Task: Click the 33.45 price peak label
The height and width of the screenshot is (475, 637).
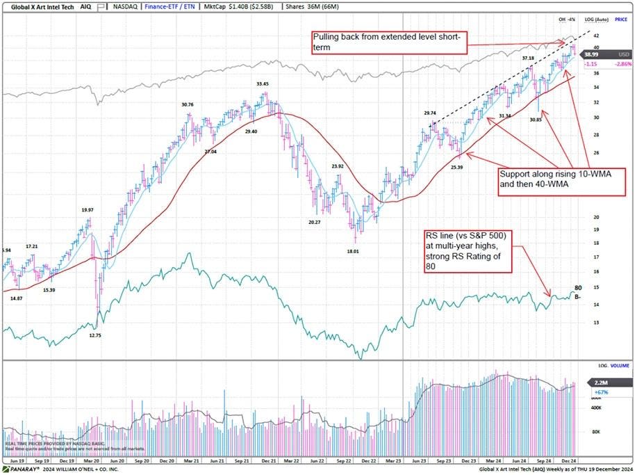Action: [262, 84]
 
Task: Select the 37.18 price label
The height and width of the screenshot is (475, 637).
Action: [528, 58]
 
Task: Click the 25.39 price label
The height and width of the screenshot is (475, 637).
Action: [456, 168]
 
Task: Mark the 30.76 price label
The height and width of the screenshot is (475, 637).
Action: [188, 105]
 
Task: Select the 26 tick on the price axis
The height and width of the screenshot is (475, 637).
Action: [595, 152]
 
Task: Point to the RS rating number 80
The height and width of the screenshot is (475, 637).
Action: [578, 287]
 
